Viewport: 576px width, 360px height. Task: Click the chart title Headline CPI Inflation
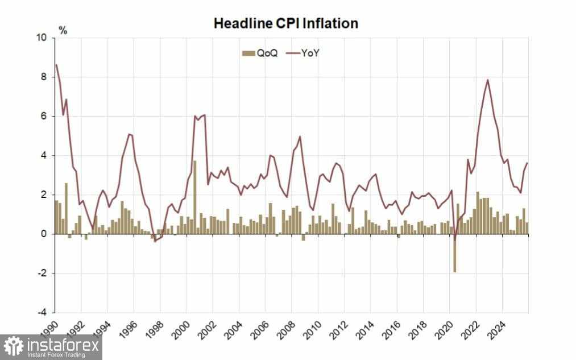(285, 23)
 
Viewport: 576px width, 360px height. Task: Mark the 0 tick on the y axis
(44, 234)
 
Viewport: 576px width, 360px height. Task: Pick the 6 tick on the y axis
(44, 117)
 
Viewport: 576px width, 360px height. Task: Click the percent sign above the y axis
(63, 31)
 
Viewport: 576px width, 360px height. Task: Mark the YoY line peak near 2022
(488, 80)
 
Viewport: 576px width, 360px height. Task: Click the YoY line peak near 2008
(300, 136)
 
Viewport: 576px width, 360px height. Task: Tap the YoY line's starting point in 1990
(55, 64)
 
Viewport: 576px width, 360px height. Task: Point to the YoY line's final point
(527, 163)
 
